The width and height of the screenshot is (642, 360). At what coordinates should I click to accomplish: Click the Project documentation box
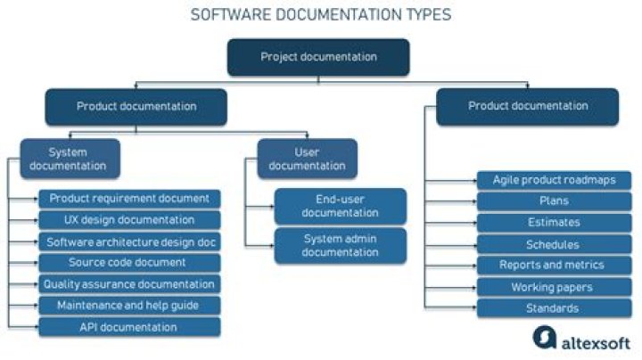[318, 57]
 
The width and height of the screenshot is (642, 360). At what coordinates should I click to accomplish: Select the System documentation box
[70, 159]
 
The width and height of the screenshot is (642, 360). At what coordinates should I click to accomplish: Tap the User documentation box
[307, 159]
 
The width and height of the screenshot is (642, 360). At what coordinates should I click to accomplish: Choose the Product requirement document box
[129, 199]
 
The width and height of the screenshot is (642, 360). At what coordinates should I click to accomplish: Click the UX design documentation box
[129, 220]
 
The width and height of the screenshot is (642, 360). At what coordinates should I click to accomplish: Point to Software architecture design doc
[129, 241]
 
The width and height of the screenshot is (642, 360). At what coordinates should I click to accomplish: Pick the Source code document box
[129, 263]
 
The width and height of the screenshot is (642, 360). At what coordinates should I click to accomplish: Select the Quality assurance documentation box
[129, 284]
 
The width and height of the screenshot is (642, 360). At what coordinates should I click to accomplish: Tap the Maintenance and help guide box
[129, 306]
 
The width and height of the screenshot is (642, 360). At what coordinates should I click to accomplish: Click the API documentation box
[129, 327]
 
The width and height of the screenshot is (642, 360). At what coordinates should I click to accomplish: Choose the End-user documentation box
[341, 206]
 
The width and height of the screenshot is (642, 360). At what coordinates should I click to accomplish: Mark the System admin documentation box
[341, 245]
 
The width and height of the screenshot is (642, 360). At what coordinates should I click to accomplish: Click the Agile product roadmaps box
[554, 180]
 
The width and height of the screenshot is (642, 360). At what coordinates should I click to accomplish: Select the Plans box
[554, 201]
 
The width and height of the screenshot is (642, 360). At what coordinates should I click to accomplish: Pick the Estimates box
[554, 223]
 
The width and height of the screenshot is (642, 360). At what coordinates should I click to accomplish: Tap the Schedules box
[554, 245]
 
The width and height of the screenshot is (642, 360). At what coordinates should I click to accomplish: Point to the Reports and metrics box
[554, 265]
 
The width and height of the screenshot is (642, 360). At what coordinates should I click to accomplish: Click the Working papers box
[554, 287]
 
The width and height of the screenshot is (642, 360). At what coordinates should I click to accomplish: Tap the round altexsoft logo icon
[545, 338]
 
